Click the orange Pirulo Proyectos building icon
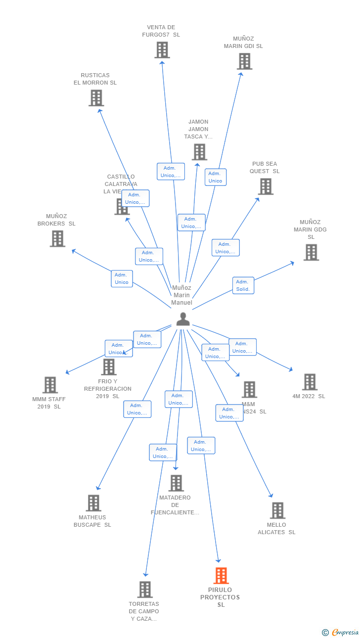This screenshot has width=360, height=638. [x=221, y=576]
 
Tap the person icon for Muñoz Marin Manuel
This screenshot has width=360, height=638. [x=183, y=319]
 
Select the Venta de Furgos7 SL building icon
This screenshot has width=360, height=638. [x=162, y=50]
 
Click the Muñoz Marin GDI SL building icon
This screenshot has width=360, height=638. [x=244, y=61]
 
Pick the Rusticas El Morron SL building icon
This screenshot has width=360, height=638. [x=96, y=98]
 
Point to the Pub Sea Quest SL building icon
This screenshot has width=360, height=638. [x=266, y=186]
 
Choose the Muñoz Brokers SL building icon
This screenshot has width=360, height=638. [x=57, y=239]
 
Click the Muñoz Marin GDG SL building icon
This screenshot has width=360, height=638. [x=311, y=252]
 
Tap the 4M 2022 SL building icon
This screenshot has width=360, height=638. [x=310, y=382]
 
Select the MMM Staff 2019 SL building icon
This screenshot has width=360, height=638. [x=50, y=385]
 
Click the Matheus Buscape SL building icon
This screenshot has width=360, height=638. [x=93, y=503]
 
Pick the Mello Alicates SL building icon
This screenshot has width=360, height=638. [x=277, y=510]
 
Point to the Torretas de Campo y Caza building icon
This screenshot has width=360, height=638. [x=145, y=590]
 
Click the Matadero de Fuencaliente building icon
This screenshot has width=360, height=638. [x=176, y=483]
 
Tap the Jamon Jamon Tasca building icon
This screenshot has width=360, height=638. [x=199, y=152]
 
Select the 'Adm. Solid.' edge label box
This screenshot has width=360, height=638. [x=243, y=285]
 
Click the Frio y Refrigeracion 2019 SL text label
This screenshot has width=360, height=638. [x=108, y=389]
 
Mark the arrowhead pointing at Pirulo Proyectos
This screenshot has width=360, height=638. [x=219, y=560]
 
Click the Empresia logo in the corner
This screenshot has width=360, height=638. [x=341, y=632]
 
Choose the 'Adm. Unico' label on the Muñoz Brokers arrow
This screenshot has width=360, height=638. [x=122, y=278]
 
